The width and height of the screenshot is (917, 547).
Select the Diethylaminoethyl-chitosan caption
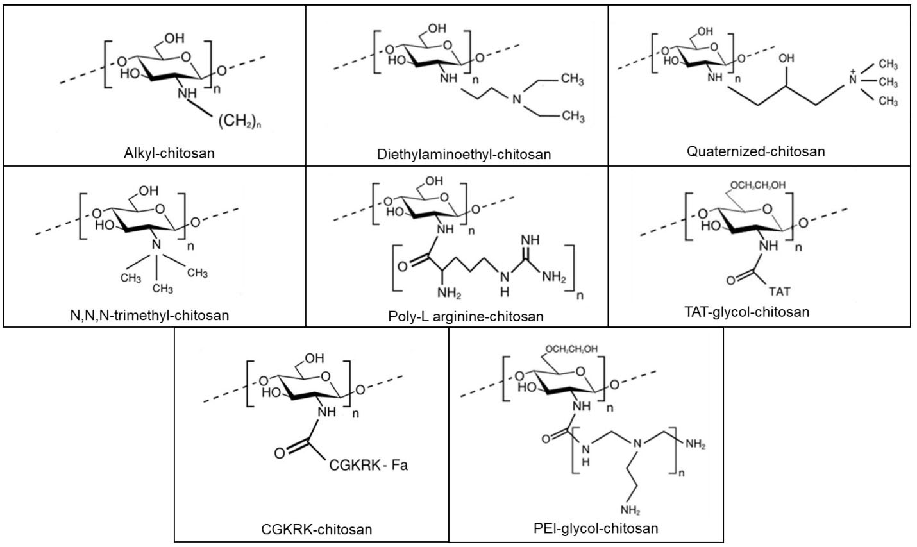464,155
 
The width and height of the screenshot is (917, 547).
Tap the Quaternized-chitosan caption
755,151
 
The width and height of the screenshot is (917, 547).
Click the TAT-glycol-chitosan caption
747,312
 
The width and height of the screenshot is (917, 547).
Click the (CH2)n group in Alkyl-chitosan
241,122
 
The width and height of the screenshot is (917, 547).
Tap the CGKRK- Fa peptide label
368,465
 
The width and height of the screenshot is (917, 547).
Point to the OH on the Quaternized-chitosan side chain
786,60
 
